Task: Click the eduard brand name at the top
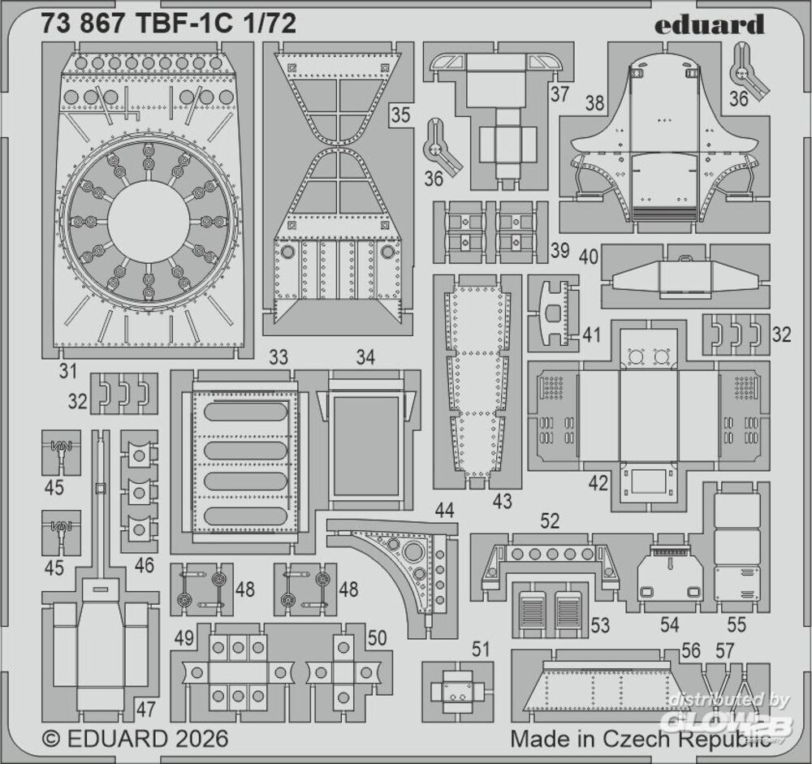[709, 24]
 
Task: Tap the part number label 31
[68, 371]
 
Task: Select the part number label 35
[400, 114]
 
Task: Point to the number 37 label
[559, 94]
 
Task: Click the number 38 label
[594, 102]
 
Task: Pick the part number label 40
[588, 257]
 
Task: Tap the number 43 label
[503, 501]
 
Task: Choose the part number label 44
[444, 510]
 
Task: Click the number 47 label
[145, 709]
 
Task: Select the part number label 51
[480, 649]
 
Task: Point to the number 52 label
[550, 520]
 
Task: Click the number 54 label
[669, 624]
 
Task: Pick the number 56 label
[691, 650]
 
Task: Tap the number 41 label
[591, 335]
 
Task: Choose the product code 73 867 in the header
[90, 24]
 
